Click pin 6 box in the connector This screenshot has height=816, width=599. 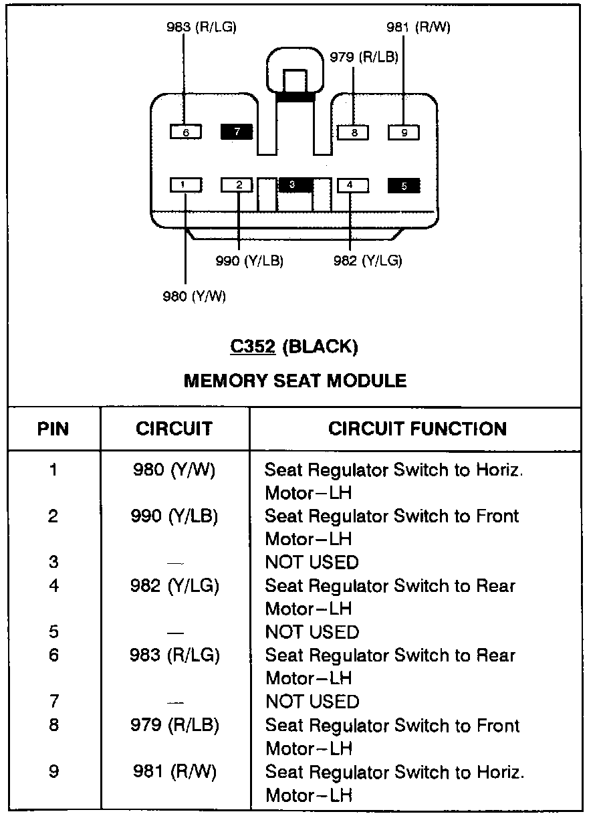click(186, 132)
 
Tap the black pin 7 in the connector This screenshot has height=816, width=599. click(237, 132)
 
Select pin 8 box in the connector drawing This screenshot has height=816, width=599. click(354, 132)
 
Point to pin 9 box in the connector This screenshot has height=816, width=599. click(404, 132)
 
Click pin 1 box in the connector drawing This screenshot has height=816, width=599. click(186, 185)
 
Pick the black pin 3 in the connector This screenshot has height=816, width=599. click(293, 184)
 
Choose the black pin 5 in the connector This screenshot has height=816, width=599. click(404, 185)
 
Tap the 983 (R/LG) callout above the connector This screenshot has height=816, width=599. click(201, 27)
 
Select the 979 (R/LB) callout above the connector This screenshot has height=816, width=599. click(364, 57)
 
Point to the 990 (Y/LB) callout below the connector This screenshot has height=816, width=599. click(249, 261)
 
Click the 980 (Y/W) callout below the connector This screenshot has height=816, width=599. click(195, 296)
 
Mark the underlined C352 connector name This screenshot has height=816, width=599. click(253, 346)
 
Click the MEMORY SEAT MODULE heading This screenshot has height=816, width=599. click(295, 381)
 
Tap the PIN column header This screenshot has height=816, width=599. click(53, 429)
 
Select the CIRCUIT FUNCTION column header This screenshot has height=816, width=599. click(417, 429)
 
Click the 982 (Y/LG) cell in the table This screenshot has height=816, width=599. click(174, 586)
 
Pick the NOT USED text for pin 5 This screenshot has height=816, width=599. click(312, 632)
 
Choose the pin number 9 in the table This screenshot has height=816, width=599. click(53, 772)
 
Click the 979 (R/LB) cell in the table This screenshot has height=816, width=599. click(174, 726)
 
